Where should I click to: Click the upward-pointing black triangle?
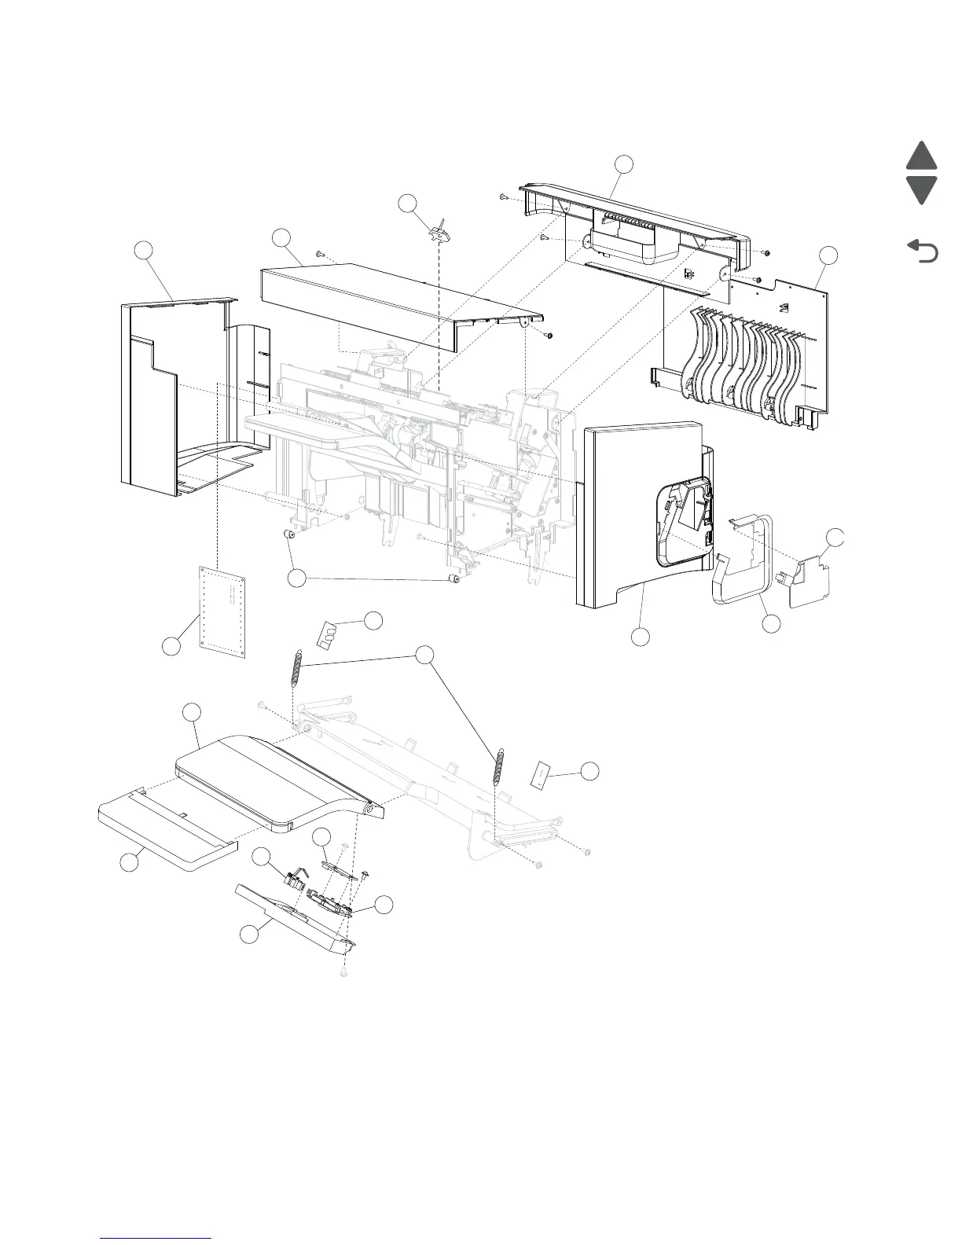click(x=921, y=156)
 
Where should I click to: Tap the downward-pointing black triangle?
click(x=921, y=189)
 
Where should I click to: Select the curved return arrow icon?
click(x=923, y=252)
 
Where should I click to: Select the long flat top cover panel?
click(x=393, y=303)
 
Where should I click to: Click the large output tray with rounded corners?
click(x=267, y=778)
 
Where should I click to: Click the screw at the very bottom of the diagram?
click(x=343, y=973)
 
